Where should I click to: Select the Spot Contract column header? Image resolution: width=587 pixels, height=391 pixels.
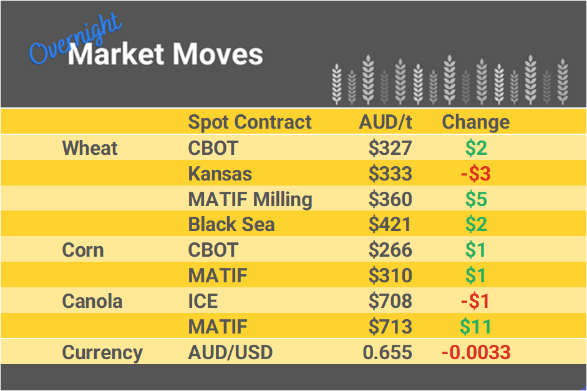tap(250, 122)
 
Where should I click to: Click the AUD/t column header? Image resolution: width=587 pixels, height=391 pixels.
tap(386, 122)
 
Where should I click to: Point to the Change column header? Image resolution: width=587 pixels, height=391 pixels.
tap(475, 122)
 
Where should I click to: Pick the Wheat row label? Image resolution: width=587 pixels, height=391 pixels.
tap(90, 148)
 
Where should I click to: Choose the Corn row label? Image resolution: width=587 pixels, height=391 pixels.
tap(83, 250)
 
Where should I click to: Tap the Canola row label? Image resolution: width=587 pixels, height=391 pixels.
tap(92, 301)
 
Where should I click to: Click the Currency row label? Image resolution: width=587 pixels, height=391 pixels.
tap(102, 352)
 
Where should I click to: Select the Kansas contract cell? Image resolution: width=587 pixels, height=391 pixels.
tap(220, 174)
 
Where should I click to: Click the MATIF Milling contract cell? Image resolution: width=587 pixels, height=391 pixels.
tap(250, 199)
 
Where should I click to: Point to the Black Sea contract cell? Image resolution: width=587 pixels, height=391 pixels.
tap(231, 224)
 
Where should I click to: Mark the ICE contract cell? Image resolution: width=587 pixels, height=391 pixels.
tap(203, 301)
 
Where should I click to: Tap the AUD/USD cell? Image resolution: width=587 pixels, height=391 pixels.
tap(230, 352)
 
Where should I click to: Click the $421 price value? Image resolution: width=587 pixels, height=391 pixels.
tap(390, 224)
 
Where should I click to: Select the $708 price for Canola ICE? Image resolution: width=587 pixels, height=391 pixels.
tap(390, 301)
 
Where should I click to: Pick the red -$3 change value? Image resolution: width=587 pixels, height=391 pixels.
tap(475, 174)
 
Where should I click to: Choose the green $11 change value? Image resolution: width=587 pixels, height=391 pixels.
tap(475, 327)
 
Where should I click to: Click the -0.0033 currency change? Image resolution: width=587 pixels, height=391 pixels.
tap(475, 352)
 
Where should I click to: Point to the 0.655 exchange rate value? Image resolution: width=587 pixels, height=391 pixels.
tap(387, 352)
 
